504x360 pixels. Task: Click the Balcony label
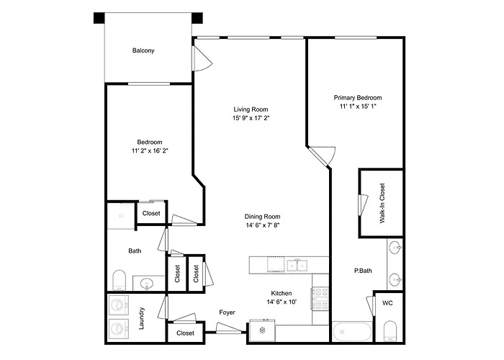point(143,50)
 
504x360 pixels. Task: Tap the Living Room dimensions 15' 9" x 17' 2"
point(251,118)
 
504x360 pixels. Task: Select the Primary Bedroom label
point(358,98)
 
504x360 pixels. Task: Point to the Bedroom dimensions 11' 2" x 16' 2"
point(150,150)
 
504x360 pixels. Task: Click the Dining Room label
point(262,217)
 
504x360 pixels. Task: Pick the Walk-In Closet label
point(382,203)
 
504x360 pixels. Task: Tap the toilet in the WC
point(390,330)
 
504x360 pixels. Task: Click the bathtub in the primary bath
point(352,332)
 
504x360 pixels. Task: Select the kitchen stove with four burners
point(320,299)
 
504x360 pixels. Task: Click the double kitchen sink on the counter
point(297,266)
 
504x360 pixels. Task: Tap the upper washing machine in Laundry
point(119,305)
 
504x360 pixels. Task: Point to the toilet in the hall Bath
point(120,280)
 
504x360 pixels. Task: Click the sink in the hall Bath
point(148,284)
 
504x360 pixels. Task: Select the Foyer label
point(227,312)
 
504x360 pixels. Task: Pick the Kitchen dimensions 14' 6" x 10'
point(282,302)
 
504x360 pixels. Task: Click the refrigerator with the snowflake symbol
point(262,330)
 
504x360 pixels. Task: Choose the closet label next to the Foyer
point(186,333)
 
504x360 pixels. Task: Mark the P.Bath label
point(363,271)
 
